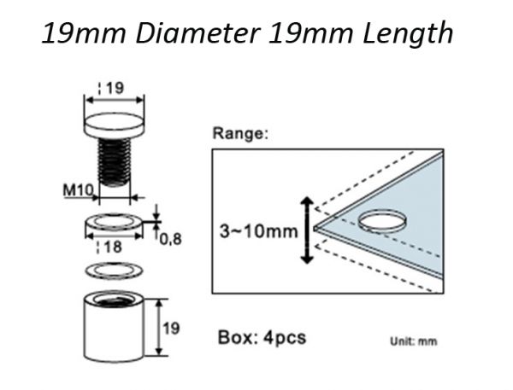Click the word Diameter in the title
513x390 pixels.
(x=198, y=33)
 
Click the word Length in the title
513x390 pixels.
(x=408, y=33)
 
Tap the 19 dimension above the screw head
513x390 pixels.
(x=115, y=88)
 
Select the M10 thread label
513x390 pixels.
(x=78, y=190)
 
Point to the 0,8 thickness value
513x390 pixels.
(x=170, y=240)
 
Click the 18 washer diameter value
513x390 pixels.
(x=113, y=247)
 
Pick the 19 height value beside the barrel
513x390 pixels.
(x=172, y=329)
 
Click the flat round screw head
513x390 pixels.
(x=115, y=125)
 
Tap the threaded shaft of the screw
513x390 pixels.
(x=115, y=161)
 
